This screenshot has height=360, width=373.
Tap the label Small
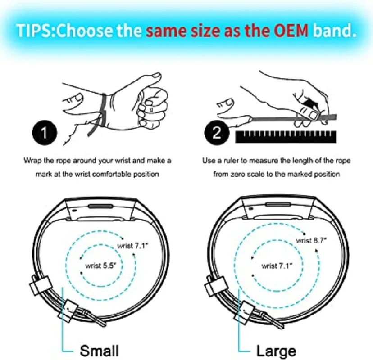[x=99, y=350]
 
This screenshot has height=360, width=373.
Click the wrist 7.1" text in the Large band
[x=277, y=266]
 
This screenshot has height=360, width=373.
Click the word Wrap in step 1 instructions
[x=32, y=161]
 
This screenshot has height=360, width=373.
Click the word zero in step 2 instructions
[x=247, y=174]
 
